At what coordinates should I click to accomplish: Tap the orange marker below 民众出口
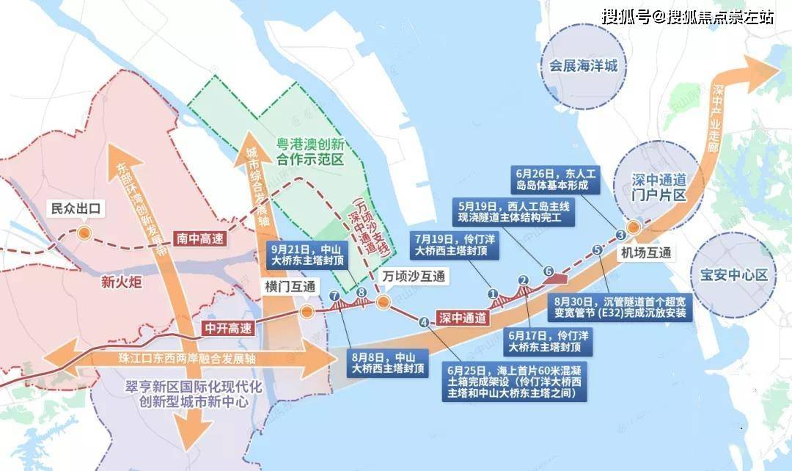point(85,234)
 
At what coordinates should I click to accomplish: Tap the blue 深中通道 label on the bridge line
point(463,318)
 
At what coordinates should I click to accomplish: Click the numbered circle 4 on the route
point(423,321)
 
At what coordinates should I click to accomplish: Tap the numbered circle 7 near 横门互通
point(334,296)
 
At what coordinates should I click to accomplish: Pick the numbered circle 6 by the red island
point(548,270)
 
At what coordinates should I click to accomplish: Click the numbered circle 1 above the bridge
point(493,293)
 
